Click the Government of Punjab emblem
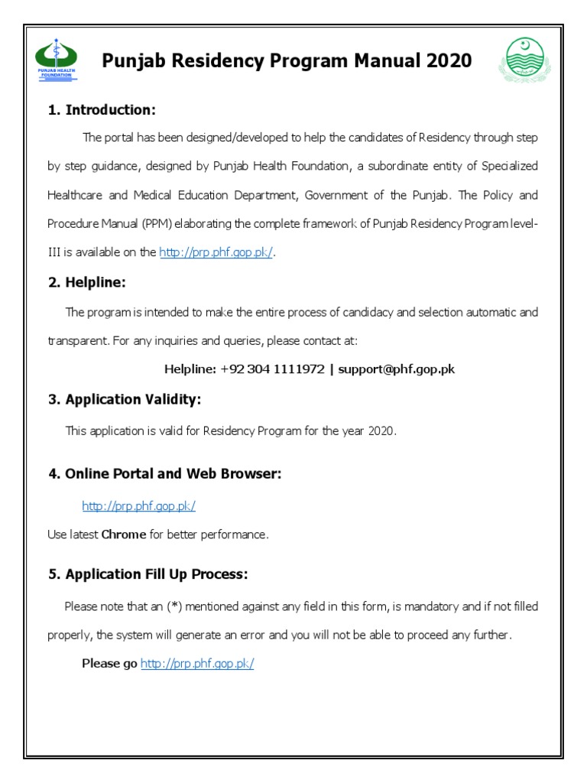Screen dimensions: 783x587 pyautogui.click(x=524, y=61)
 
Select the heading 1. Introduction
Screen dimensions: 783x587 pyautogui.click(x=102, y=110)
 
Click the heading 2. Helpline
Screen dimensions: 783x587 pyautogui.click(x=86, y=283)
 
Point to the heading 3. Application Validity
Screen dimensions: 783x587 pyautogui.click(x=125, y=399)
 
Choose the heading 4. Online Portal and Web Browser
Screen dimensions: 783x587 pyautogui.click(x=165, y=474)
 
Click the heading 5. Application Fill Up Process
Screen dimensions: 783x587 pyautogui.click(x=148, y=574)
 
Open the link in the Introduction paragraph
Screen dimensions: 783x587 pyautogui.click(x=216, y=253)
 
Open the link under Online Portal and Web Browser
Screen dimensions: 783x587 pyautogui.click(x=138, y=505)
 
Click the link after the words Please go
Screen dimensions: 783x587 pyautogui.click(x=196, y=664)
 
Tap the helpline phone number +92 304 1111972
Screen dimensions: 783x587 pyautogui.click(x=271, y=369)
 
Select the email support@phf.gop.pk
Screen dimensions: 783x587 pyautogui.click(x=396, y=369)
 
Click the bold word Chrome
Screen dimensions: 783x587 pyautogui.click(x=123, y=534)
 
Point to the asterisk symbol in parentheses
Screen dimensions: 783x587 pyautogui.click(x=176, y=606)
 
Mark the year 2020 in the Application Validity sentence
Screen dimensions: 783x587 pyautogui.click(x=381, y=431)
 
